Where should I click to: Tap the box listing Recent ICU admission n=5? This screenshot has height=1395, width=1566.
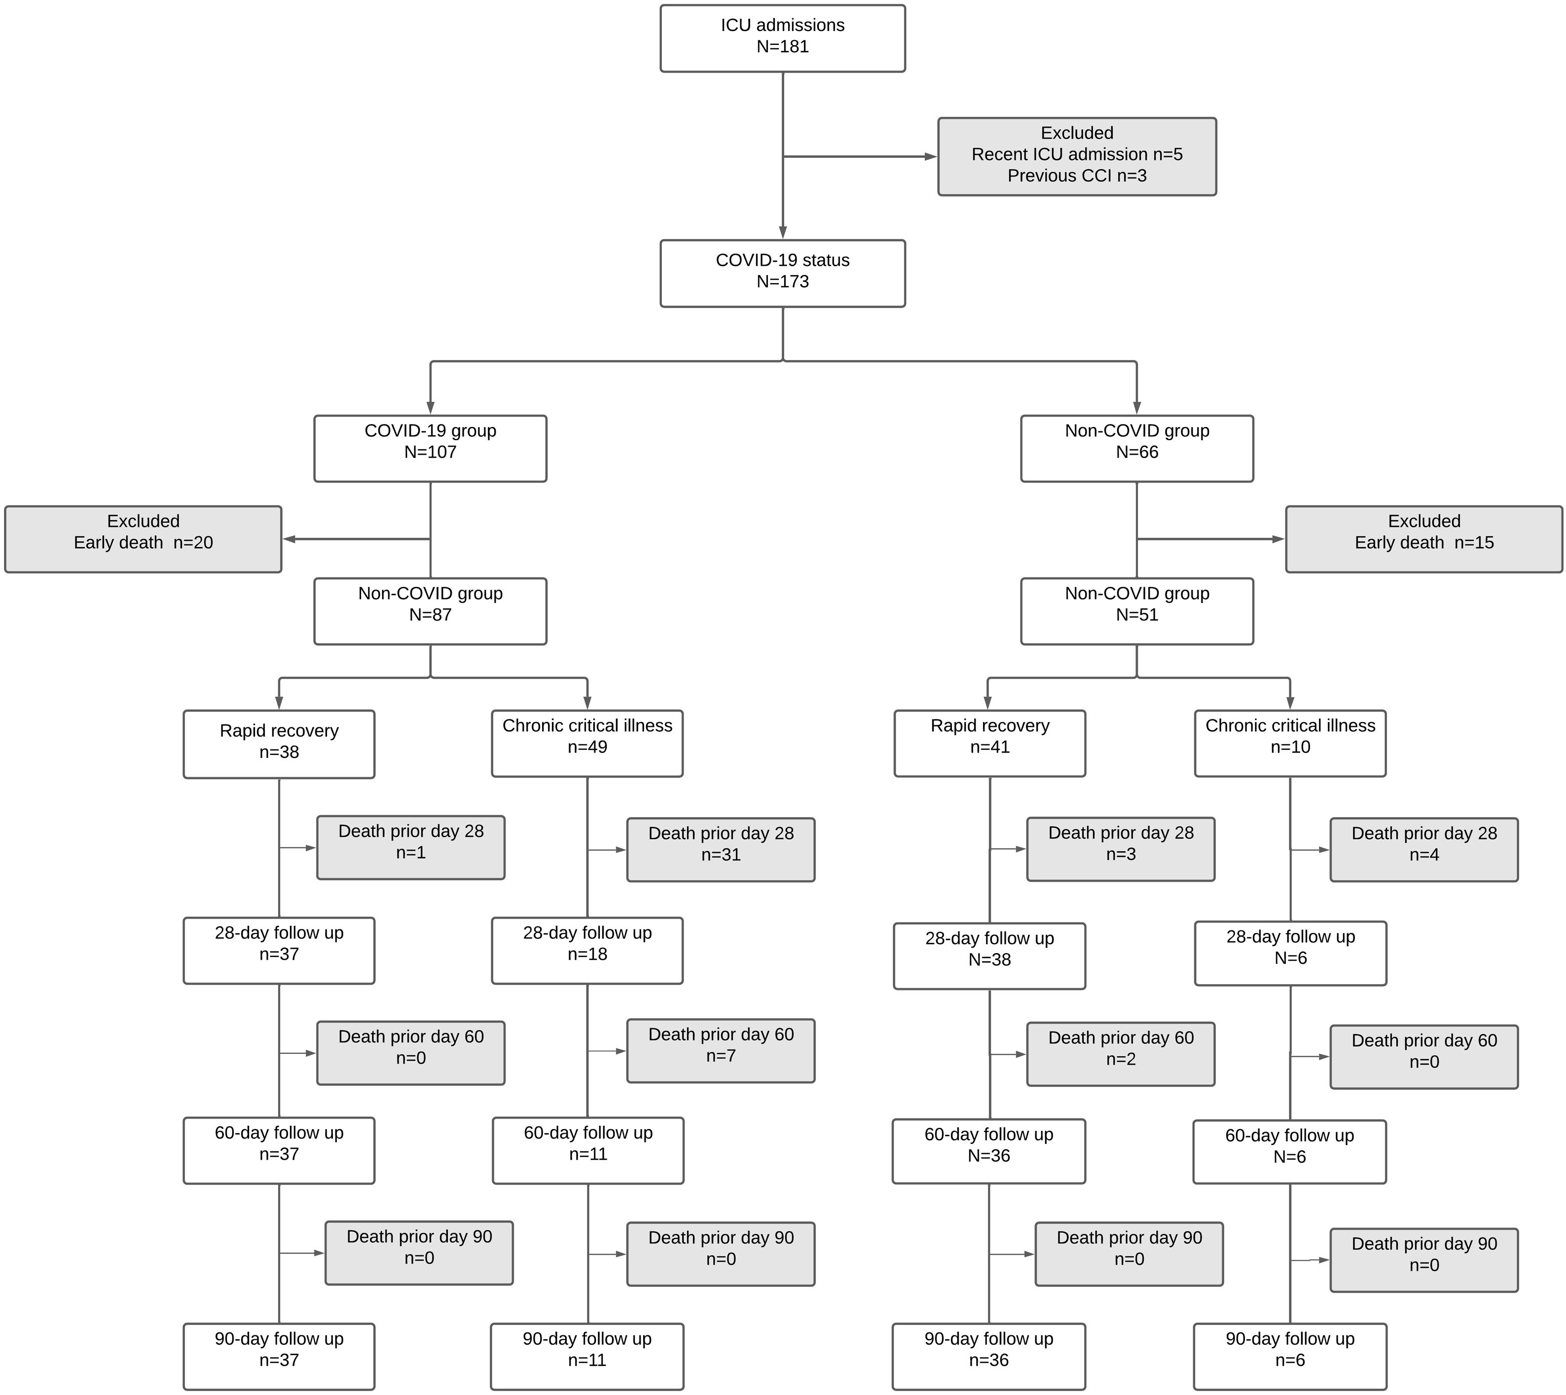(x=1076, y=156)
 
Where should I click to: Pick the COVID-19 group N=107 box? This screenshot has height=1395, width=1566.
(x=430, y=448)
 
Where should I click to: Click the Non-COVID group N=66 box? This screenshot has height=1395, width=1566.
(x=1137, y=448)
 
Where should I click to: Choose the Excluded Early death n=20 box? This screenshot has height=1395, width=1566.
(x=144, y=539)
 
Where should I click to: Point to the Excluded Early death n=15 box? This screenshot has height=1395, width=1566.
(x=1423, y=539)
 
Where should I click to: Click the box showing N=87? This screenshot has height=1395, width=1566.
(x=430, y=611)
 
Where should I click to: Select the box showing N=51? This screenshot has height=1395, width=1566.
(x=1137, y=611)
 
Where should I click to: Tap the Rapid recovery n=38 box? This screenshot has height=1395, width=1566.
(x=279, y=744)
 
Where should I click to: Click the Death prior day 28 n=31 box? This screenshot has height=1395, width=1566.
(x=721, y=849)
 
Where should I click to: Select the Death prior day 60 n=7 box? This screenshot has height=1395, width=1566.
(x=721, y=1050)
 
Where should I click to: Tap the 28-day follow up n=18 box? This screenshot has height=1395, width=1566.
(x=587, y=950)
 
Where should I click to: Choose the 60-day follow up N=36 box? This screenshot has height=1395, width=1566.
(x=989, y=1151)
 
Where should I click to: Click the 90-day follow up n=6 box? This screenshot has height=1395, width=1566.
(x=1290, y=1356)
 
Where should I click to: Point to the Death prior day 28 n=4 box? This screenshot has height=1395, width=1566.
(x=1423, y=849)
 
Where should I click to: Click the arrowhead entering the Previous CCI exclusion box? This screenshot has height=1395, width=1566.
(x=931, y=156)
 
